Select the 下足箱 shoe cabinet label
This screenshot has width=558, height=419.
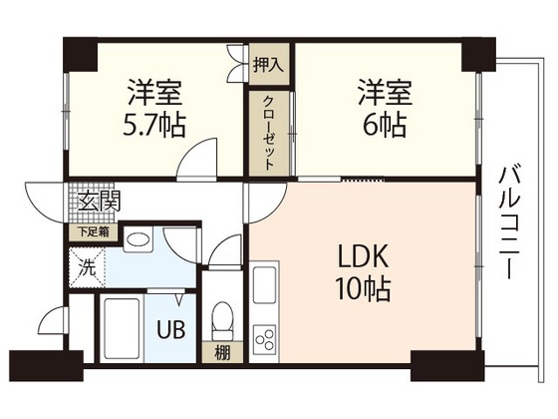pos(96,231)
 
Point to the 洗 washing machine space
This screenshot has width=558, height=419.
pos(86,267)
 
